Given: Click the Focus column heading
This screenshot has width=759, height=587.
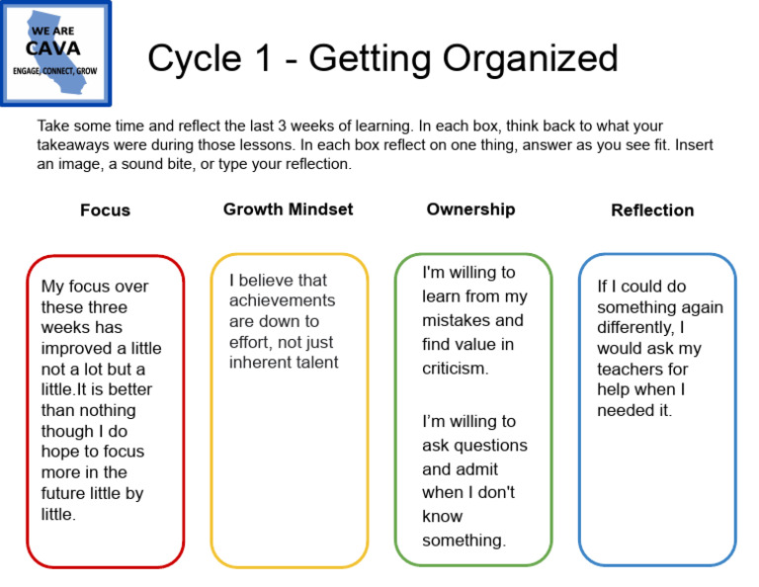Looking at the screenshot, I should [105, 210].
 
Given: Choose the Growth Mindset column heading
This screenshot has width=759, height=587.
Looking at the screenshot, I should [288, 210].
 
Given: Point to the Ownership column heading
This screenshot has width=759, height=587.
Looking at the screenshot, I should [470, 210].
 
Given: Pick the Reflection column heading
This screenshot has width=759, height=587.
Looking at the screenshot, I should [652, 210].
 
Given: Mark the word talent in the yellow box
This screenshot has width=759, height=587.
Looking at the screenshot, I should [313, 362].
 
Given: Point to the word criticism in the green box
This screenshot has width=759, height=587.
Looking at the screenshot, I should [455, 369].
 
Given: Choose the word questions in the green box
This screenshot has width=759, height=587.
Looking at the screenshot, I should [488, 445].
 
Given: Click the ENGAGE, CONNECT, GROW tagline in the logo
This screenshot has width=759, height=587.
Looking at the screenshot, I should [54, 71].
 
